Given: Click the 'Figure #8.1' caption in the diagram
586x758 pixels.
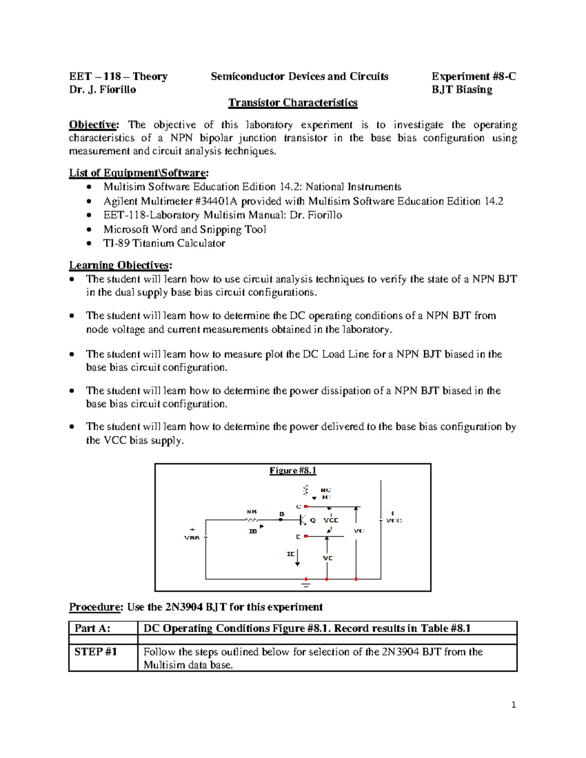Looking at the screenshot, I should click(293, 471).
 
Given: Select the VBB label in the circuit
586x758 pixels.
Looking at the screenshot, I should click(191, 538).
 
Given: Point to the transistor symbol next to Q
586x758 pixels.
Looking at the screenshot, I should click(303, 520).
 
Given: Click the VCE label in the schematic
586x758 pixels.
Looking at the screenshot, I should click(331, 520).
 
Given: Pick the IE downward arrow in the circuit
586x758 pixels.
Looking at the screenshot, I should click(297, 558).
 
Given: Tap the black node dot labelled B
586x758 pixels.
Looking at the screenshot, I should click(280, 520).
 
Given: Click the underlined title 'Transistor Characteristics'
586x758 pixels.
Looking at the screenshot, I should click(293, 102).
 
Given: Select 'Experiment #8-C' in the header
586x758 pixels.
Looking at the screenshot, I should click(473, 76).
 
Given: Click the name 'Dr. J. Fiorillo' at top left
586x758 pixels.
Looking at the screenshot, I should click(103, 89).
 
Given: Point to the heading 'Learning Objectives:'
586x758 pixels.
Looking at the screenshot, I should click(120, 265).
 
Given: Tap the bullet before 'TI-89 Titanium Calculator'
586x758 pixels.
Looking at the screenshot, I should click(88, 243).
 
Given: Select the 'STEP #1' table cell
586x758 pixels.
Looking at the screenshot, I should click(96, 652).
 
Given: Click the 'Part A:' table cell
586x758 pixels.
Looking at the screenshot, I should click(92, 628).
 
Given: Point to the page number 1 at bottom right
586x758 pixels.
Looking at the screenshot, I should click(513, 705).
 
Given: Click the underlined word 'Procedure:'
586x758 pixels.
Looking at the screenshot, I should click(95, 607).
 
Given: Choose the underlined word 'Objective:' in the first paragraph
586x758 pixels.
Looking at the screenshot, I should click(94, 125).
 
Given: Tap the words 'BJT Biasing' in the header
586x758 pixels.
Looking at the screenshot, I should click(461, 89).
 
